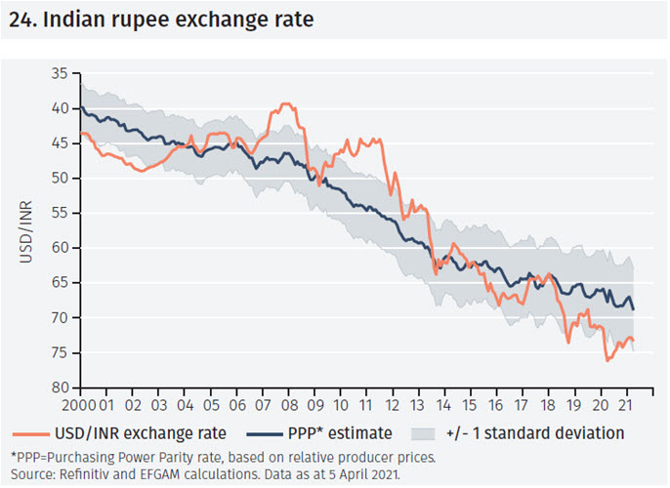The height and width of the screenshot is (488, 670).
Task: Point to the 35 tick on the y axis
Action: point(61,73)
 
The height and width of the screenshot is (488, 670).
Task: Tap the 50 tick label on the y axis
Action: point(61,178)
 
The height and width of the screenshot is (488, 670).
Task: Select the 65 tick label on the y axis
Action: point(61,282)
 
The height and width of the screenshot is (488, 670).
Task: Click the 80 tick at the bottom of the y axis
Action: point(61,387)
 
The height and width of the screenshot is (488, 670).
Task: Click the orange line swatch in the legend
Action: point(30,433)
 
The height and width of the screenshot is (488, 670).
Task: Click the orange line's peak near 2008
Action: point(285,103)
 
